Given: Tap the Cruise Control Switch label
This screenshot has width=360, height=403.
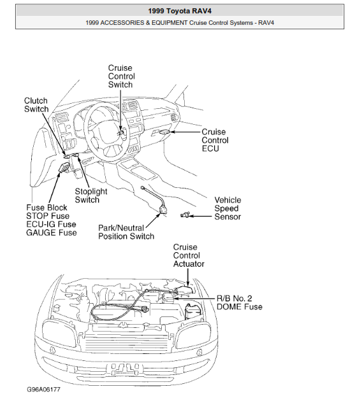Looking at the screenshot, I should [x=121, y=76].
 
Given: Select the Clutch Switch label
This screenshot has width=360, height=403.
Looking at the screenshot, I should [x=36, y=105].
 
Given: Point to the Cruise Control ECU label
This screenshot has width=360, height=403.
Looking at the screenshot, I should [x=215, y=140].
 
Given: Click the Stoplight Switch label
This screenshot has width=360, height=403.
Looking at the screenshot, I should [x=91, y=195].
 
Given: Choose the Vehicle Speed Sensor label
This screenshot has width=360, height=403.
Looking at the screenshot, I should [x=227, y=208].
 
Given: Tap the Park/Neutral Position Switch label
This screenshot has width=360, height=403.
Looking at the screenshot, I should [x=126, y=232].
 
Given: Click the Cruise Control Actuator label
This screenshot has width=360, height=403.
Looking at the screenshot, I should [x=189, y=255].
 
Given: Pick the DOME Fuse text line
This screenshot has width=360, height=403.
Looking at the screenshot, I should [x=240, y=306].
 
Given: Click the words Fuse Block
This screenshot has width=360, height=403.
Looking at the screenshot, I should [x=47, y=208].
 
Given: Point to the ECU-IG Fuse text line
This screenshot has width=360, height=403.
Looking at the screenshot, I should [x=51, y=224].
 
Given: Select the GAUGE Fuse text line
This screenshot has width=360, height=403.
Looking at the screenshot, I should [x=51, y=232].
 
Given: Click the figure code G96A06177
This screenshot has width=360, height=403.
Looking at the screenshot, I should [x=43, y=389].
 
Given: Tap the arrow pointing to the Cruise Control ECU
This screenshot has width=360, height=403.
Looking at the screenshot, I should [x=185, y=132].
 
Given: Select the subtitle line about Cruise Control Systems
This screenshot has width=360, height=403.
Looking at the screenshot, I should [x=180, y=23].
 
